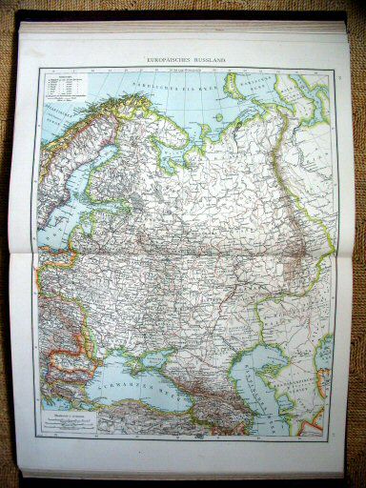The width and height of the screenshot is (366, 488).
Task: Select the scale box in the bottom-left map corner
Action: pos(69,416)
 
